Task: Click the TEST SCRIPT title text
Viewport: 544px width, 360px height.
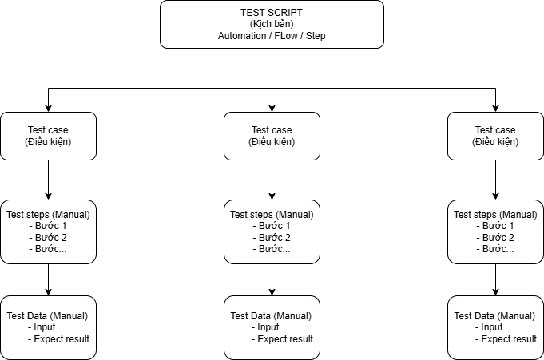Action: [272, 12]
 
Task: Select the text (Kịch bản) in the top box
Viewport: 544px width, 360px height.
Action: [272, 24]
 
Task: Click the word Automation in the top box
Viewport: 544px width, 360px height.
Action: [245, 36]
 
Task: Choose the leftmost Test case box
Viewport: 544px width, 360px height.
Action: [48, 136]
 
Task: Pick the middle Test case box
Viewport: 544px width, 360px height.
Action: [272, 136]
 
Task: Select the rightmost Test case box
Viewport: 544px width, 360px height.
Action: [495, 136]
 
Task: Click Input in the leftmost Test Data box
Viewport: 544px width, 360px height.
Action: [45, 327]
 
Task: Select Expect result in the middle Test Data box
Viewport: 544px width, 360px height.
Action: [284, 339]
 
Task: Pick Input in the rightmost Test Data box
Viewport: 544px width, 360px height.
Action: [492, 327]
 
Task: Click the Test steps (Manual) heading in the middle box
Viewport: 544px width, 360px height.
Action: [272, 214]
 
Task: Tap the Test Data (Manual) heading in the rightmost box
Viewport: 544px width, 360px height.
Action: [495, 316]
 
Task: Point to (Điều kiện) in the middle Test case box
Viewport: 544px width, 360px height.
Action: [272, 142]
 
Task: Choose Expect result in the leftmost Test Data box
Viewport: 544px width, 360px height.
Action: [61, 339]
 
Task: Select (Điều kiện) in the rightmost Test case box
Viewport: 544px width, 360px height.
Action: [495, 142]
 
